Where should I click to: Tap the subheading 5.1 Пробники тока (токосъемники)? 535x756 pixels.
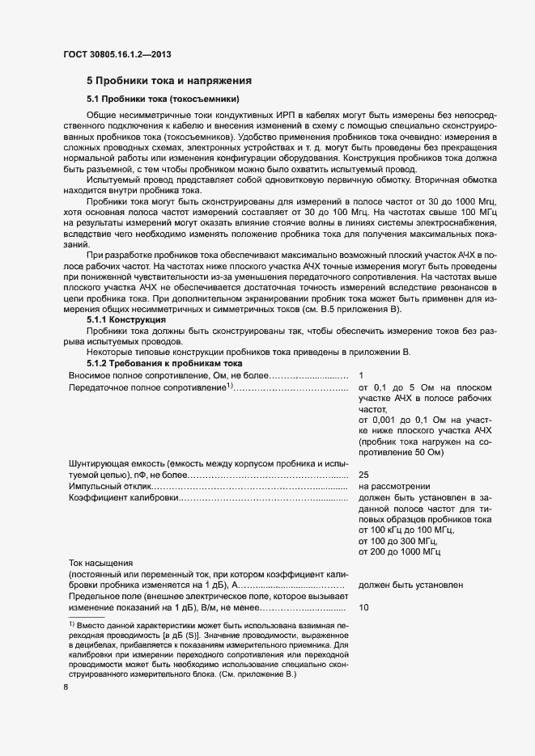point(163,99)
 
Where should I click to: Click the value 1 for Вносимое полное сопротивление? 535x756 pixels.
point(361,376)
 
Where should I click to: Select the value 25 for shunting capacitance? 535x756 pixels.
point(363,475)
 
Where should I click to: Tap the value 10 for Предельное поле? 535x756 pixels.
point(363,606)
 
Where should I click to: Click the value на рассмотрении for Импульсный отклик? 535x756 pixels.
point(394,487)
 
